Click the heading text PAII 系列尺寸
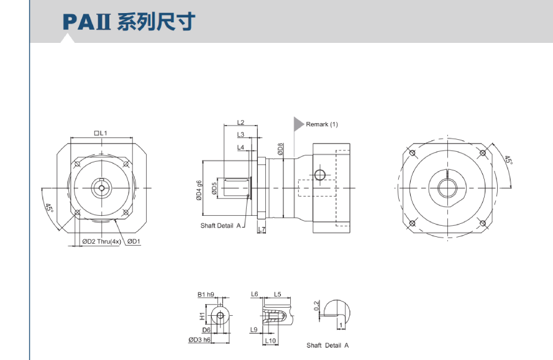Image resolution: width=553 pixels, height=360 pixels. (x=129, y=22)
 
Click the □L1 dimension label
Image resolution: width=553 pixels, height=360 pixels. (x=101, y=133)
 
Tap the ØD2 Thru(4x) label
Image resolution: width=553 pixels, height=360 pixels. (x=101, y=241)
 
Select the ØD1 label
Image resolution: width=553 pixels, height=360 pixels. (x=134, y=241)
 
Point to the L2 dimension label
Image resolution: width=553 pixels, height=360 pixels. (x=241, y=122)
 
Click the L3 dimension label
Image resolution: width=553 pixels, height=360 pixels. (x=241, y=134)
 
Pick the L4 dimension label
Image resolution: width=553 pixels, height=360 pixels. (x=241, y=147)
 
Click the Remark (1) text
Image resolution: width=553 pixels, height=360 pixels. (x=322, y=124)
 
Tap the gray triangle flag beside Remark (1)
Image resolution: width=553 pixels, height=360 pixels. (x=298, y=124)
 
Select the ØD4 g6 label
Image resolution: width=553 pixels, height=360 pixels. (x=199, y=190)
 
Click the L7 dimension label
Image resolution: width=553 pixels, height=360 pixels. (x=261, y=230)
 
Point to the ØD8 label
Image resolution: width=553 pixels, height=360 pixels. (x=280, y=149)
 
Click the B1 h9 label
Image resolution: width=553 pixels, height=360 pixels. (x=206, y=294)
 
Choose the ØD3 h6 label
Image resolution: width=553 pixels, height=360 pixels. (x=199, y=339)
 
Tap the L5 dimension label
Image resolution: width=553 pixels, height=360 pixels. (x=278, y=294)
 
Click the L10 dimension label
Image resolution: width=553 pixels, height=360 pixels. (x=270, y=340)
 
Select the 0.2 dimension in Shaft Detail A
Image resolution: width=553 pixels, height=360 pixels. (x=317, y=306)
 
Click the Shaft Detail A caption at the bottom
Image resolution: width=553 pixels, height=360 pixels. (x=327, y=345)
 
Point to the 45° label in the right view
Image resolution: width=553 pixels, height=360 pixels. (x=508, y=160)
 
